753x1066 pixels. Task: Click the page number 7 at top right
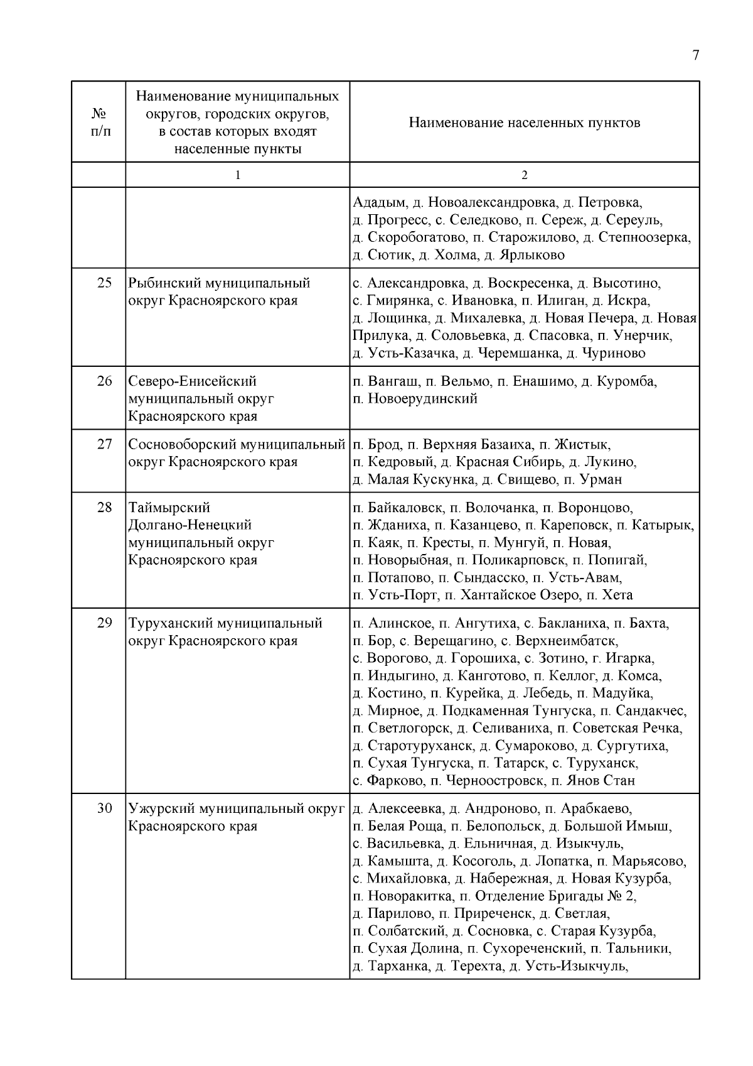pyautogui.click(x=695, y=55)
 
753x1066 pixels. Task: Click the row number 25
pyautogui.click(x=104, y=283)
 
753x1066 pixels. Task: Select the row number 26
pyautogui.click(x=104, y=381)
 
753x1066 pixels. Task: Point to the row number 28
pyautogui.click(x=104, y=508)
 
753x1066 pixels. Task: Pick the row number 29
pyautogui.click(x=104, y=623)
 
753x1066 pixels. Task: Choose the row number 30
pyautogui.click(x=104, y=808)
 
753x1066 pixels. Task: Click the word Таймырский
pyautogui.click(x=169, y=508)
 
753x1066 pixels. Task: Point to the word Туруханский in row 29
pyautogui.click(x=170, y=623)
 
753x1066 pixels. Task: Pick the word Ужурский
pyautogui.click(x=159, y=808)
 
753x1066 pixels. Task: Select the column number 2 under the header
pyautogui.click(x=525, y=175)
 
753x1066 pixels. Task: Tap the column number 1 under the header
pyautogui.click(x=237, y=175)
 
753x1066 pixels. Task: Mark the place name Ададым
pyautogui.click(x=378, y=203)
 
